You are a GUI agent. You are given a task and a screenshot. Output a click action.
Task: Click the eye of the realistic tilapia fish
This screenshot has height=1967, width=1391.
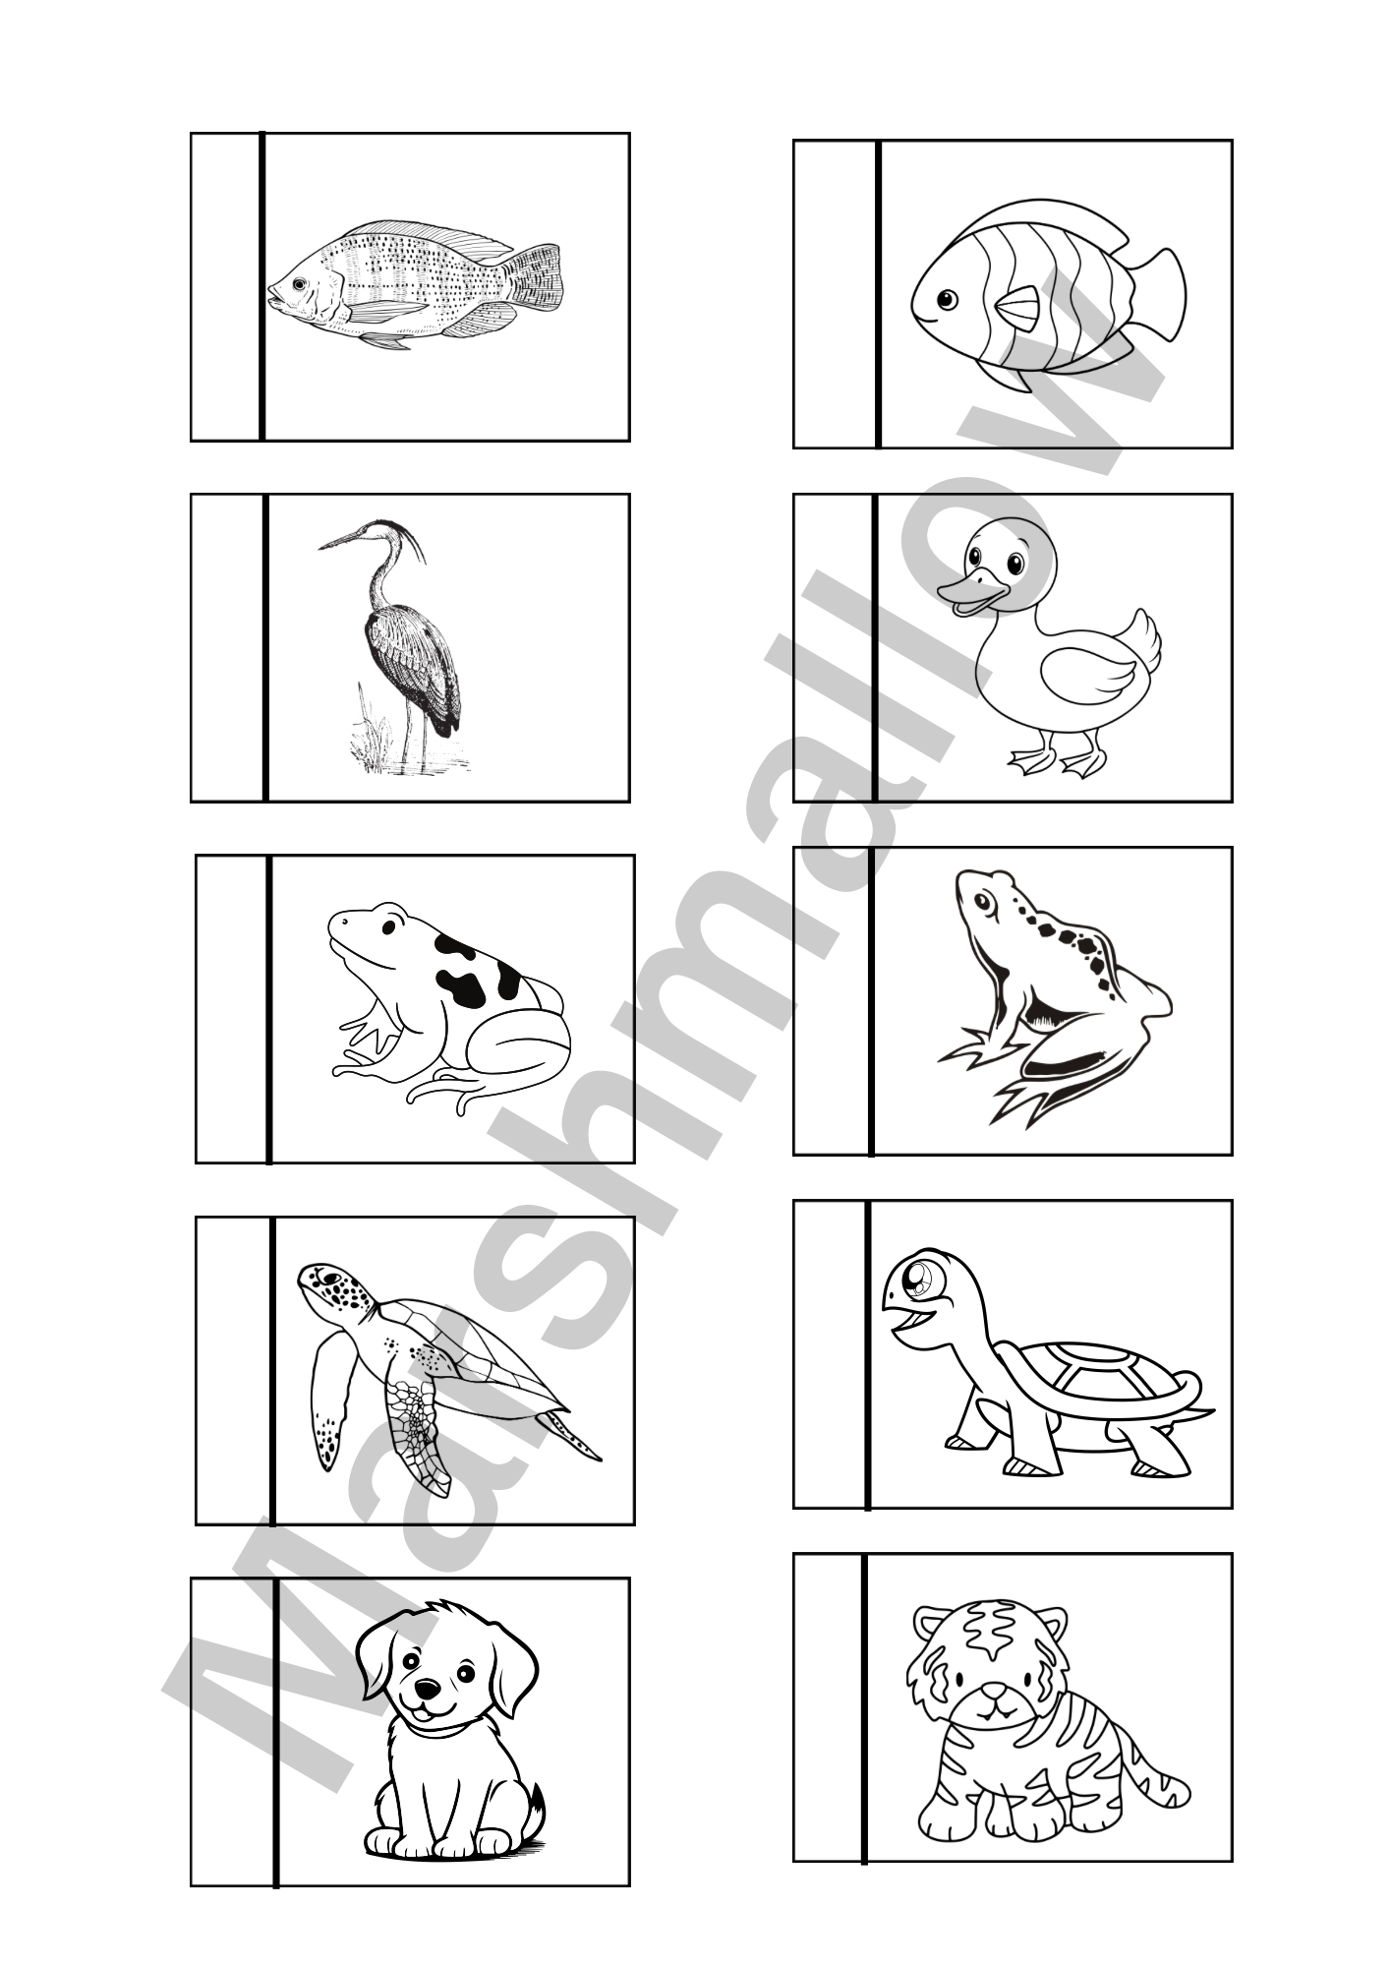[x=298, y=283]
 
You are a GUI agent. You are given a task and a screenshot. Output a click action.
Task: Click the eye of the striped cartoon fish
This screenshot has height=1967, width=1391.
[x=946, y=298]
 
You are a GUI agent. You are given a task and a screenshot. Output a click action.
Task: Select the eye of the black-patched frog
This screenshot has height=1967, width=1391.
[x=390, y=925]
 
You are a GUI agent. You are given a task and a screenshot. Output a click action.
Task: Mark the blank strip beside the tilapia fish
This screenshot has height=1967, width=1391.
[x=226, y=287]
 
